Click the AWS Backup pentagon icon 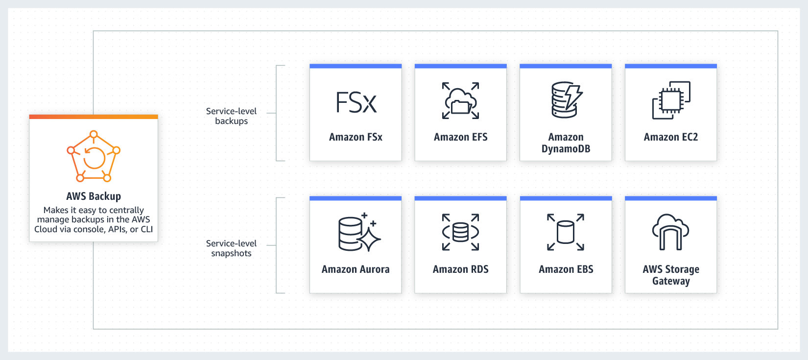coord(94,156)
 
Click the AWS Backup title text coord(94,196)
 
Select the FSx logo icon coord(356,102)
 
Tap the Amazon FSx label coord(356,137)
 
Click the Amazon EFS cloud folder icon coord(460,101)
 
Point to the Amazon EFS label coord(460,137)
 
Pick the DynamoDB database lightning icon coord(566,100)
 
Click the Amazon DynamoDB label coord(566,143)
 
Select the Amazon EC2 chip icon coord(671,100)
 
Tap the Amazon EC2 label coord(670,137)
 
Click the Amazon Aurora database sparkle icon coord(359,232)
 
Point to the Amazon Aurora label coord(356,269)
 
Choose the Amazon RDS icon coord(460,232)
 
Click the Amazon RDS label coord(460,269)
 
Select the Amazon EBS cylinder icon coord(566,232)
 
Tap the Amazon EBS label coord(566,269)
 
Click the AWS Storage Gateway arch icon coord(670,232)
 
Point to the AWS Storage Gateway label coord(671,275)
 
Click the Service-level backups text coord(231,116)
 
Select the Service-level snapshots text coord(231,248)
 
